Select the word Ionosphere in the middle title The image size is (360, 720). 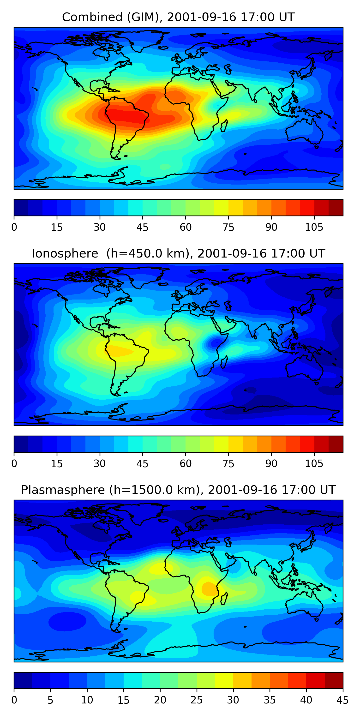[x=65, y=253]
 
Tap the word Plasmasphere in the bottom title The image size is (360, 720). [x=63, y=490]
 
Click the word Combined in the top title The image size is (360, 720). [x=92, y=17]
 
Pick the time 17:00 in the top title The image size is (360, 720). [x=254, y=17]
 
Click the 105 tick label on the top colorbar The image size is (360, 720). [x=314, y=227]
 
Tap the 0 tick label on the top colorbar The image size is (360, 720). [x=14, y=227]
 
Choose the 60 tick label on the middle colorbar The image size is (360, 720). [x=186, y=464]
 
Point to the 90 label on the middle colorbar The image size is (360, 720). [x=271, y=464]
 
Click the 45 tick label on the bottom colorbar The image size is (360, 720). [x=342, y=700]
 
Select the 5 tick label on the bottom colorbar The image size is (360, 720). [x=50, y=700]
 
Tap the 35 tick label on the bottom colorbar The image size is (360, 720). [x=270, y=700]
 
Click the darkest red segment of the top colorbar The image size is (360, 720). [x=336, y=208]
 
